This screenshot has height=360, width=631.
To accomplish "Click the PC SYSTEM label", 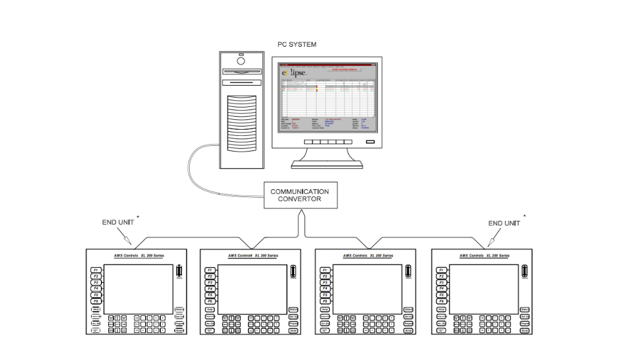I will [x=297, y=45].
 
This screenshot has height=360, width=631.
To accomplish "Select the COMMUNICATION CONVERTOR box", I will [x=299, y=196].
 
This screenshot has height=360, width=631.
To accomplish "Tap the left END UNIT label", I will [x=117, y=224].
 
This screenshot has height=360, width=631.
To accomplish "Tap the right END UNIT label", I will [x=504, y=224].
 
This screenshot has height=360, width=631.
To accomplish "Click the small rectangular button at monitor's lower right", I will [x=370, y=142].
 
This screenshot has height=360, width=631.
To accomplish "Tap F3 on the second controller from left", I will [x=210, y=282].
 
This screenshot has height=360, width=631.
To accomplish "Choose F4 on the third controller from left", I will [x=325, y=289].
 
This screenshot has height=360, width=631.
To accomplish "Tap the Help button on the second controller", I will [x=210, y=310].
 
